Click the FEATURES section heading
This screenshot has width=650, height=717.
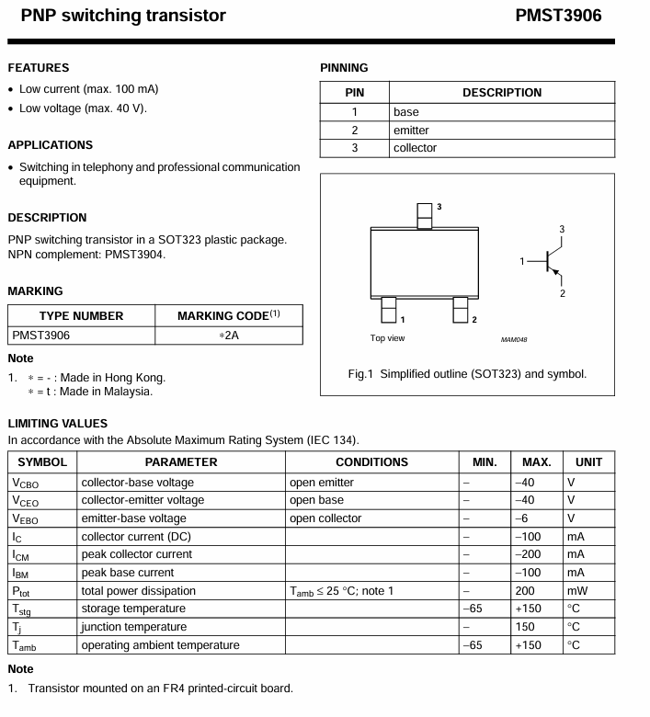point(39,68)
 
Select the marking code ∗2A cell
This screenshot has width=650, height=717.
point(230,336)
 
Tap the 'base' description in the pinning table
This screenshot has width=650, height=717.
point(405,112)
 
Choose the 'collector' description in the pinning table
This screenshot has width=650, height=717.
point(415,148)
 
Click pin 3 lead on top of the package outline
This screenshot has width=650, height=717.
point(424,216)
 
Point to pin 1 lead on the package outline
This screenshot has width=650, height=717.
point(389,310)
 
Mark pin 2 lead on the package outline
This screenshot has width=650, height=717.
point(461,310)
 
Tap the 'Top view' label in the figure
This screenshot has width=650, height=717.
point(387,338)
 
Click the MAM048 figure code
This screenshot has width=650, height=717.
point(514,339)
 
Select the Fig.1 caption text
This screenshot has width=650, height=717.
point(466,373)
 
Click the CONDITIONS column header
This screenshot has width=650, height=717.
point(371,462)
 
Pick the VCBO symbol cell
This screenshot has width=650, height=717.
point(25,483)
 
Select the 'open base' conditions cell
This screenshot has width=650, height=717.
point(316,500)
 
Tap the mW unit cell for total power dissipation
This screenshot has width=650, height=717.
point(576,590)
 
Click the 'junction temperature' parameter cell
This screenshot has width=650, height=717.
point(133,626)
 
